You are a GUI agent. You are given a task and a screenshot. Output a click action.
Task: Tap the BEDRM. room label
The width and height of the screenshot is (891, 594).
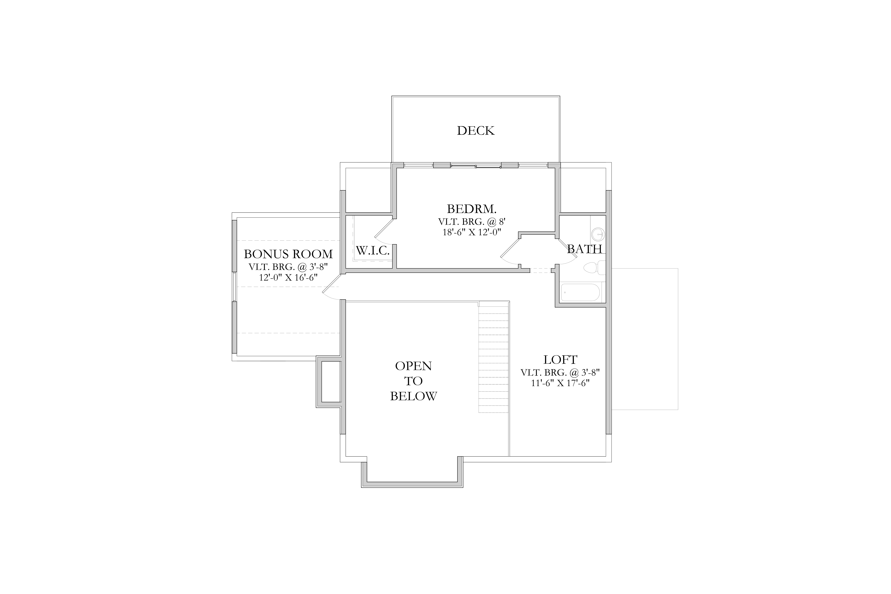(472, 209)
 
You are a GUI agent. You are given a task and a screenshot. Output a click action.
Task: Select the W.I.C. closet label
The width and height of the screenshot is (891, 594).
(373, 250)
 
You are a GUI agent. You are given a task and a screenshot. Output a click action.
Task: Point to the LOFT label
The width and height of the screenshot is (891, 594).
(560, 359)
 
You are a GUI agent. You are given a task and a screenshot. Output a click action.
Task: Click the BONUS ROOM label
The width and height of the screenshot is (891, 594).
(288, 254)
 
